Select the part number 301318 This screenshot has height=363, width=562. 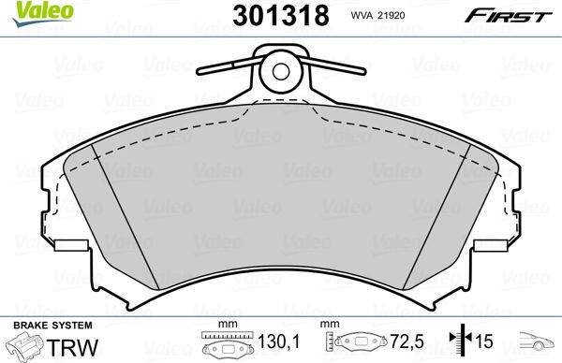pyautogui.click(x=278, y=16)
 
